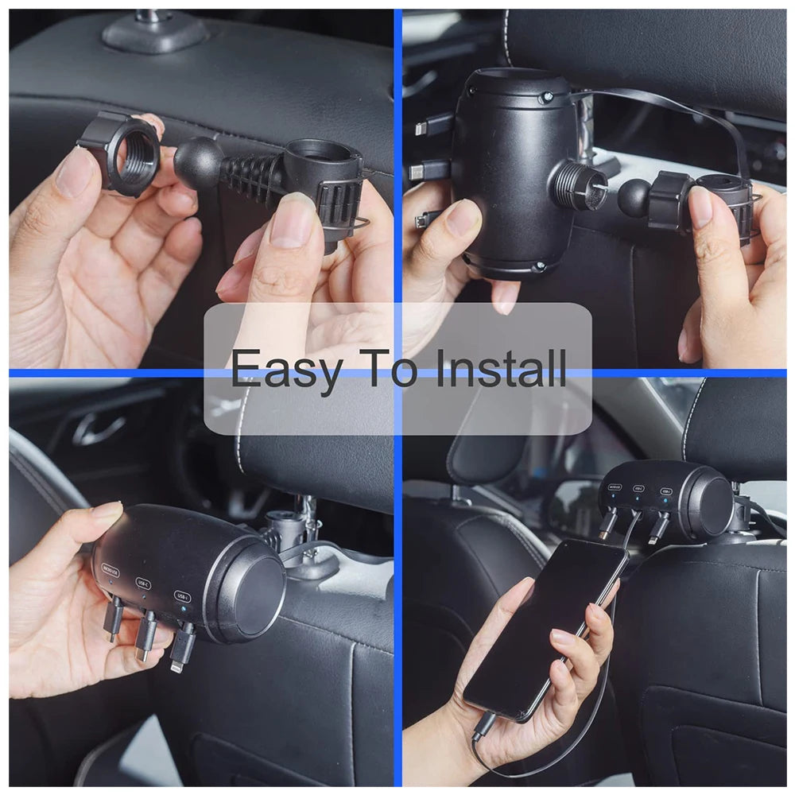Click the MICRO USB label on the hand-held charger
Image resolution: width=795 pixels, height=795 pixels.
[x=111, y=570]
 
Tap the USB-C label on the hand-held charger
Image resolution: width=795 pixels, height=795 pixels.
[x=143, y=583]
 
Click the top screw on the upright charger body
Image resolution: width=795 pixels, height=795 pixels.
[x=547, y=98]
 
